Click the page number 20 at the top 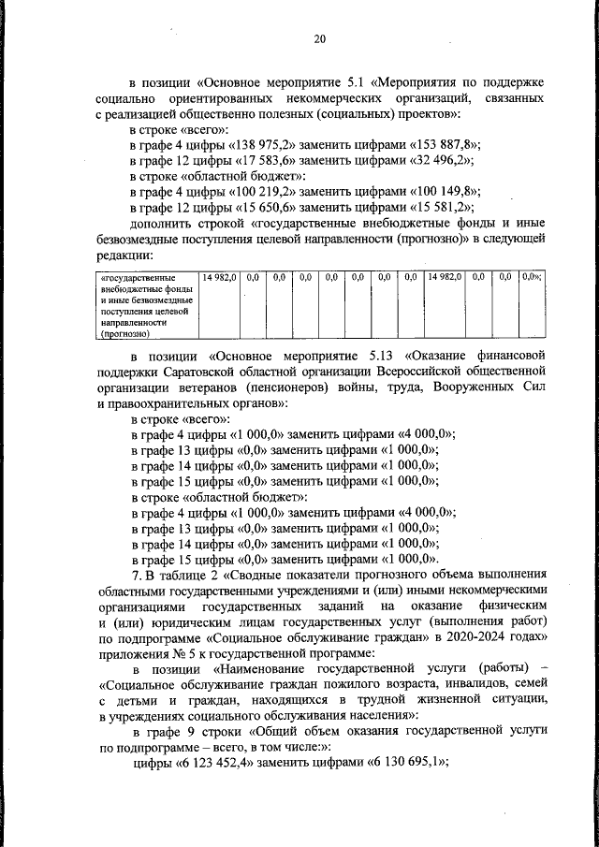(x=319, y=38)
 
